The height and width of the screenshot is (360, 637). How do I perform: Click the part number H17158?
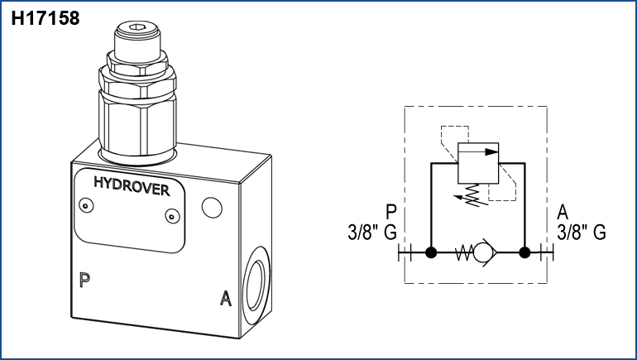[45, 18]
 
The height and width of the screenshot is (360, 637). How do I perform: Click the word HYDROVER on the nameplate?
[132, 188]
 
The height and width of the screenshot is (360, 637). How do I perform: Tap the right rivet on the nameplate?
[172, 217]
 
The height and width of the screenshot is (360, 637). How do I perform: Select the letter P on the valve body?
[84, 279]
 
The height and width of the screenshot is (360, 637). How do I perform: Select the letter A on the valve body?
[224, 298]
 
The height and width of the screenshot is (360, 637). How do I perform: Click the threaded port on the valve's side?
[257, 289]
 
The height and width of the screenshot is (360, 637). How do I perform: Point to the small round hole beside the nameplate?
[212, 206]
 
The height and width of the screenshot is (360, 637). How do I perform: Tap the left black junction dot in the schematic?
[430, 253]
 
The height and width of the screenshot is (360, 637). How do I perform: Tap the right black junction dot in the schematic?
[524, 253]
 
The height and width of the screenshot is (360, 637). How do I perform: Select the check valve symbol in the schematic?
[477, 253]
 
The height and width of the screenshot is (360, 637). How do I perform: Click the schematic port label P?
[391, 212]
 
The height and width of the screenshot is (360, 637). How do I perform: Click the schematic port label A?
[563, 212]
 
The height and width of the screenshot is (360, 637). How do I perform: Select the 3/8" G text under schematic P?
[373, 233]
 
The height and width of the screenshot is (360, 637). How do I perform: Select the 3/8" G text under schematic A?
[582, 233]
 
